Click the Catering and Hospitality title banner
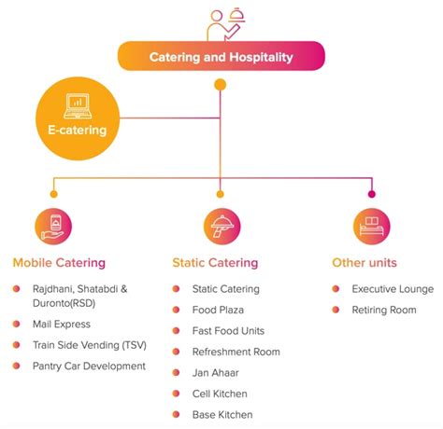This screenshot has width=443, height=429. pos(221,56)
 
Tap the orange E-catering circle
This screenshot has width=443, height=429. pos(78,118)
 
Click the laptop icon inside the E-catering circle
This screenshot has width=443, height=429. pos(78,106)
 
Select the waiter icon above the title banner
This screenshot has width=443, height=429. pos(225,24)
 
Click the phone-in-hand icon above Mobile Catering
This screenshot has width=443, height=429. pos(53,227)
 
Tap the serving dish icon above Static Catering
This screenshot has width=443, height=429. pos(221,227)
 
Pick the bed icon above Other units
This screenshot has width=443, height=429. pos(372,227)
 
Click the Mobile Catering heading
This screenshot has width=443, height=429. pos(59,263)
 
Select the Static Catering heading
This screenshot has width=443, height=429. pos(215,263)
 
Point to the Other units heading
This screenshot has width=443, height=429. pos(364,263)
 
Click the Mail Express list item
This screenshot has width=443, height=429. pos(62,325)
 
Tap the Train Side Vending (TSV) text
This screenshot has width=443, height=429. pos(90,345)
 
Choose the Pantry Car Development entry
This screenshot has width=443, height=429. pos(89,367)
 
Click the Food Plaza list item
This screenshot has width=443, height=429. pos(218,310)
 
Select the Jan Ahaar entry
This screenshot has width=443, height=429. pos(216,373)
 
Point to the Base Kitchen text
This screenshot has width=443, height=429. pos(222,415)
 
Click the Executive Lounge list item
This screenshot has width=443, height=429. pos(393,289)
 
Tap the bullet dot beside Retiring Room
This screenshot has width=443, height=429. pos(336,310)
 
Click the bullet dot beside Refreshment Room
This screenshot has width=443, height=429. pos(176,352)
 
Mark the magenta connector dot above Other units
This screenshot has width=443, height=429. pos(372,194)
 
